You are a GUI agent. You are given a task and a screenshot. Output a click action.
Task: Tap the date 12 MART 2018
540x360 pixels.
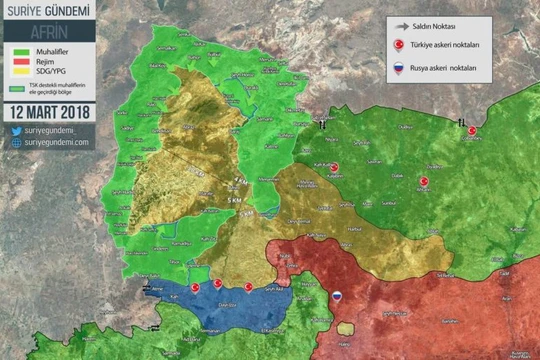tap(47, 110)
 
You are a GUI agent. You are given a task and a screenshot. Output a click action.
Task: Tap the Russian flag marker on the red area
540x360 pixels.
tap(337, 296)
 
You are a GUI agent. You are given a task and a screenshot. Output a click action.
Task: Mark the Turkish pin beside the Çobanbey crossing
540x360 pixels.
tap(471, 130)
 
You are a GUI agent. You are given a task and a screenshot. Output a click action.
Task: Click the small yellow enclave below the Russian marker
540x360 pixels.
tap(345, 327)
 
